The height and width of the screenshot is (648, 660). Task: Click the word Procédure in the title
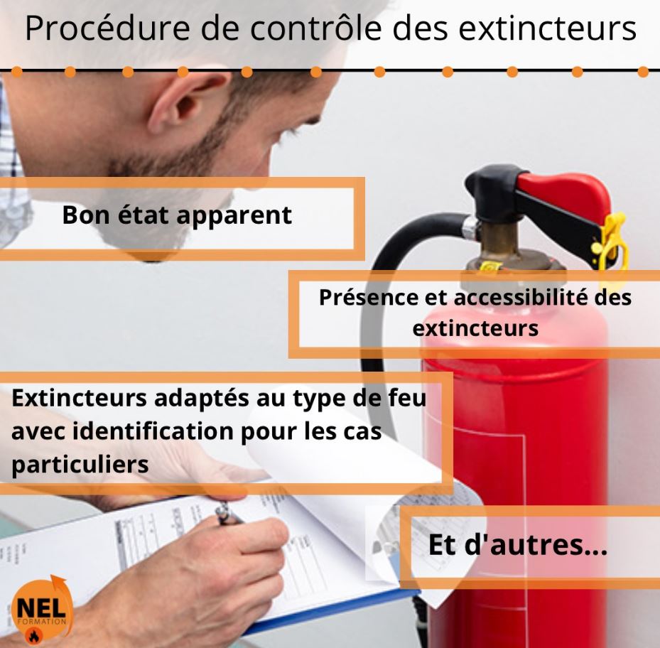coord(107,28)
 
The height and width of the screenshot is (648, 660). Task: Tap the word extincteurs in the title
coord(547,28)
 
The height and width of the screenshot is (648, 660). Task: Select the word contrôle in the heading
coord(315,28)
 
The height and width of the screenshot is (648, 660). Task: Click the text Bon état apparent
coord(177,215)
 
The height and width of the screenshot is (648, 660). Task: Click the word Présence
coord(368,297)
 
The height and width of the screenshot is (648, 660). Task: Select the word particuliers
coord(80,465)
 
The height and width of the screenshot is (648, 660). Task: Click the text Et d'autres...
coord(518,545)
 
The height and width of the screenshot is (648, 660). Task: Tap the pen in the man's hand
coord(229,515)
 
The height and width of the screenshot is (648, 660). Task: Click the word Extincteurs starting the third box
coord(79,398)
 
